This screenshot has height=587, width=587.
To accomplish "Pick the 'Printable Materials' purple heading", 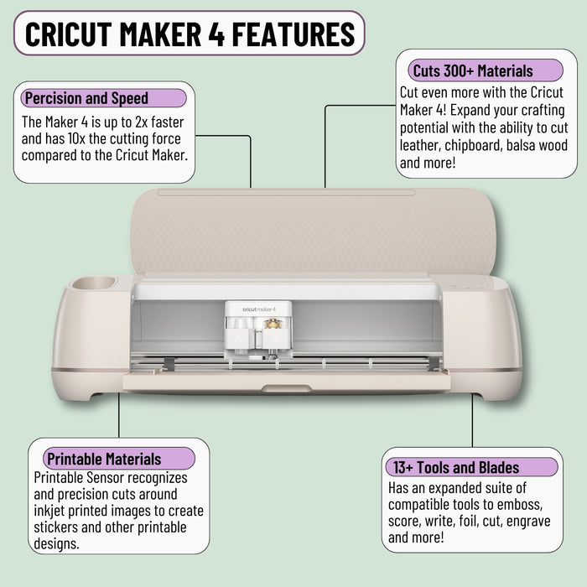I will click(104, 459).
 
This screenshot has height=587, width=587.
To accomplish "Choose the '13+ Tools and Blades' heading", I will click(453, 468).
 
